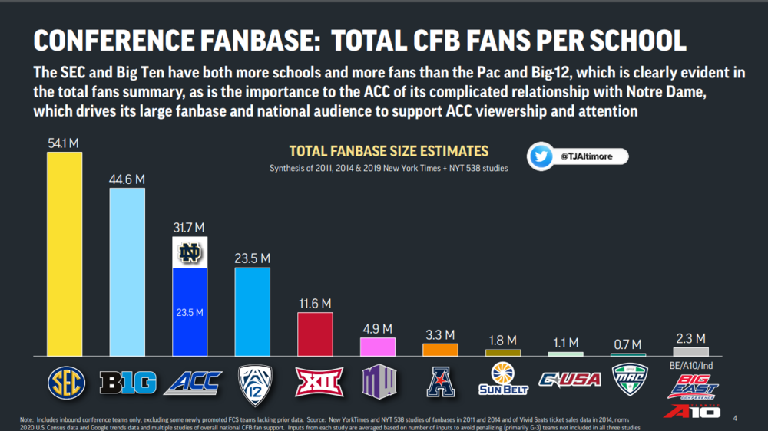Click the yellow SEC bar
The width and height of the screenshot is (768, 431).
[x=65, y=253]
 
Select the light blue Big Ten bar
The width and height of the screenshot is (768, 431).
[x=127, y=271]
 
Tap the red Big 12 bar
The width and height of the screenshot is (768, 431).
[x=315, y=334]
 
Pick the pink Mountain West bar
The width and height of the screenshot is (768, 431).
[x=378, y=347]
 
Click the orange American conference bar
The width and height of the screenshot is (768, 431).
[x=440, y=349]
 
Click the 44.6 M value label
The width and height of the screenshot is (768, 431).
[x=127, y=179]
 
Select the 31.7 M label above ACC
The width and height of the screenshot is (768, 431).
[x=189, y=228]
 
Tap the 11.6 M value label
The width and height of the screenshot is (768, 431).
[x=315, y=304]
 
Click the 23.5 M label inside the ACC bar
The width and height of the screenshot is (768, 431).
[x=189, y=312]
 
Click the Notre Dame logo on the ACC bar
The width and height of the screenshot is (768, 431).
[x=189, y=252]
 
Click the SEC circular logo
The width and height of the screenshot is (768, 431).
[x=65, y=381]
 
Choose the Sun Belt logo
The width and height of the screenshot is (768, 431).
[x=503, y=378]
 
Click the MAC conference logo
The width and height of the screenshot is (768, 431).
[x=629, y=379]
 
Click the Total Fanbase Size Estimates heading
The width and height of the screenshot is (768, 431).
[x=389, y=151]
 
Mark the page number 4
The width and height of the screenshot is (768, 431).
[x=735, y=418]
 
